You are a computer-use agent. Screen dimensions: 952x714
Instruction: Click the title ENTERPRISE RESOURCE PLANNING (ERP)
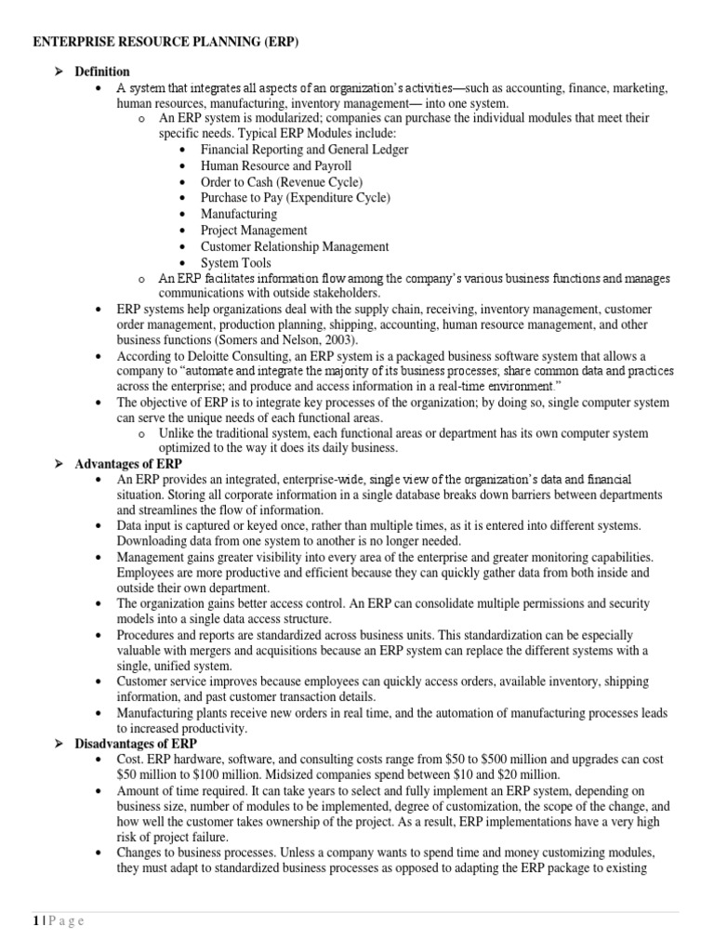[166, 43]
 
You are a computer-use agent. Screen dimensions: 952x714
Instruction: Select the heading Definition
[102, 72]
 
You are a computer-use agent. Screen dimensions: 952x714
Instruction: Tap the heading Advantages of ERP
[128, 463]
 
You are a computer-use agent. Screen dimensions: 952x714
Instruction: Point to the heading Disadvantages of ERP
[136, 744]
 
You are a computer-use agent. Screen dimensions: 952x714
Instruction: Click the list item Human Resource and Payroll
[276, 165]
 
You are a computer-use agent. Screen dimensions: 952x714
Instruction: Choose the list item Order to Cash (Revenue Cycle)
[282, 181]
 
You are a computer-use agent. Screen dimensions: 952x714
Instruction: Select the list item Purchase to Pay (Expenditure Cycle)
[295, 198]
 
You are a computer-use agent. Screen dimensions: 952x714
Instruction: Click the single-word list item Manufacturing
[239, 214]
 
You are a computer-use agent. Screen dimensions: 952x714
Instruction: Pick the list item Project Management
[254, 230]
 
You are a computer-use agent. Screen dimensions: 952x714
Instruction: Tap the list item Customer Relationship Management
[295, 246]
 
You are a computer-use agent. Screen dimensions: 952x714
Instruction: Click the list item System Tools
[237, 263]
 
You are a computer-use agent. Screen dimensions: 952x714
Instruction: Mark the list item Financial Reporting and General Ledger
[304, 149]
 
